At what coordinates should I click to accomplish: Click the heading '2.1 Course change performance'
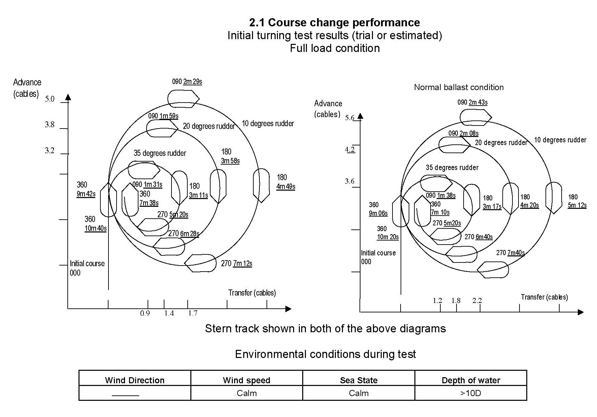[x=334, y=23]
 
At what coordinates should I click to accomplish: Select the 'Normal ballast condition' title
[x=459, y=87]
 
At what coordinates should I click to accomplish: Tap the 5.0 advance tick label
[x=50, y=99]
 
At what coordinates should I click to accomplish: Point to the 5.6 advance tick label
[x=350, y=118]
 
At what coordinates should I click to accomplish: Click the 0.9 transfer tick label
[x=145, y=313]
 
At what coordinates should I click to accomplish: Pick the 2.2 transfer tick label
[x=477, y=300]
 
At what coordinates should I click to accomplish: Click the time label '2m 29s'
[x=192, y=82]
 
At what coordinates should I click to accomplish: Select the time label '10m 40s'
[x=96, y=228]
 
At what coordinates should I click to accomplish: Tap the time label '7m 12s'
[x=243, y=263]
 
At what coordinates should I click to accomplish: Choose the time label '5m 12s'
[x=577, y=205]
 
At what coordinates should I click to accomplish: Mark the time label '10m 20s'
[x=388, y=237]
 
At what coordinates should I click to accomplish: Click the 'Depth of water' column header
[x=471, y=380]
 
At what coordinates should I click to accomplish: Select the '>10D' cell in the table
[x=471, y=393]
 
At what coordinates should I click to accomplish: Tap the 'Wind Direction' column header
[x=135, y=380]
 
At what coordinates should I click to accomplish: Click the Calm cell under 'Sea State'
[x=358, y=393]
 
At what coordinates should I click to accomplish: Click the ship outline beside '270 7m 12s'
[x=201, y=263]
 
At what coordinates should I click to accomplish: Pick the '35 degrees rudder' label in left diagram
[x=160, y=153]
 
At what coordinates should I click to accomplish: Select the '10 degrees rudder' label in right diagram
[x=560, y=140]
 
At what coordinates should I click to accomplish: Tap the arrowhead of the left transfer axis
[x=288, y=308]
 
